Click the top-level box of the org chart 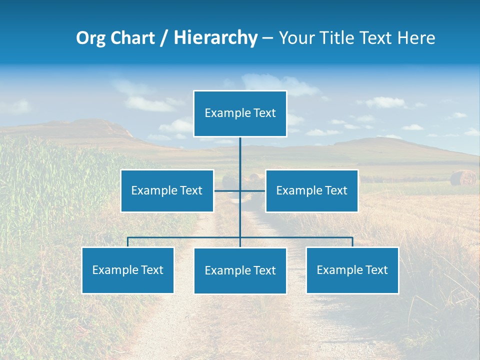pos(240,113)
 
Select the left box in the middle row pos(167,190)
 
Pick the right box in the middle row pos(311,190)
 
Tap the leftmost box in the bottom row pos(128,270)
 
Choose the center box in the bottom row pos(240,270)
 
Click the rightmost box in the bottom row pos(352,270)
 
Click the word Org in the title pos(90,38)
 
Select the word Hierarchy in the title pos(215,38)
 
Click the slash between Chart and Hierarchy pos(164,38)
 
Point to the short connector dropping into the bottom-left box pos(128,242)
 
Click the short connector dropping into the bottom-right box pos(352,242)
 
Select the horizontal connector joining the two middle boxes pos(240,190)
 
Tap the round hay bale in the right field pos(463,177)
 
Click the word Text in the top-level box pos(264,113)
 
